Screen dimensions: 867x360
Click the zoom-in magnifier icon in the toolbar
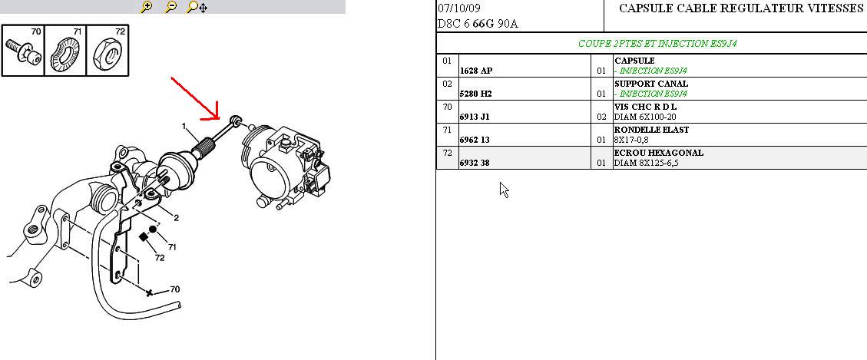tap(147, 7)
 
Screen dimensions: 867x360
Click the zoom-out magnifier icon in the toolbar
tap(171, 7)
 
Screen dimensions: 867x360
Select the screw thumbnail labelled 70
tap(23, 51)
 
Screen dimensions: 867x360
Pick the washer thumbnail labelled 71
tap(65, 51)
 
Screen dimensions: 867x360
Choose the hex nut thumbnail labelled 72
tap(108, 51)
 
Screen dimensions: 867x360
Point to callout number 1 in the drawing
tap(184, 126)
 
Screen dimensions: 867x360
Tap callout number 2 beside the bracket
tap(177, 218)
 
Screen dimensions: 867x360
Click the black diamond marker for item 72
tap(144, 236)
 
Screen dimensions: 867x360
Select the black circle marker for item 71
tap(153, 229)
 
